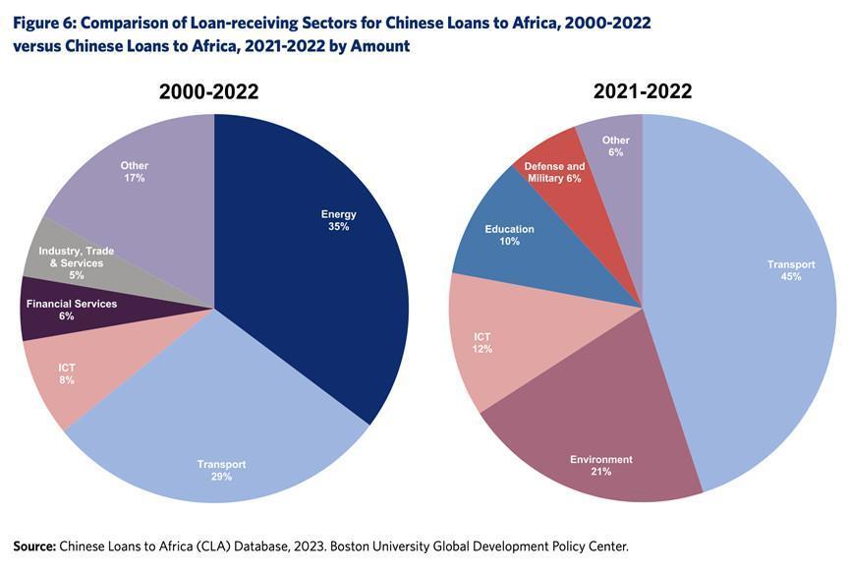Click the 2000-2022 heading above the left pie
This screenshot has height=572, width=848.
pos(209,92)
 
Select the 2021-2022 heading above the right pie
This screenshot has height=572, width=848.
pos(643,91)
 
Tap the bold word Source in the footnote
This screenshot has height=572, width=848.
pos(33,545)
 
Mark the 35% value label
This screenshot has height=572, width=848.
pos(339,227)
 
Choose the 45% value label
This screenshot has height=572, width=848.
pos(791,276)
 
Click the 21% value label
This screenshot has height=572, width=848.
pos(601,472)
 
